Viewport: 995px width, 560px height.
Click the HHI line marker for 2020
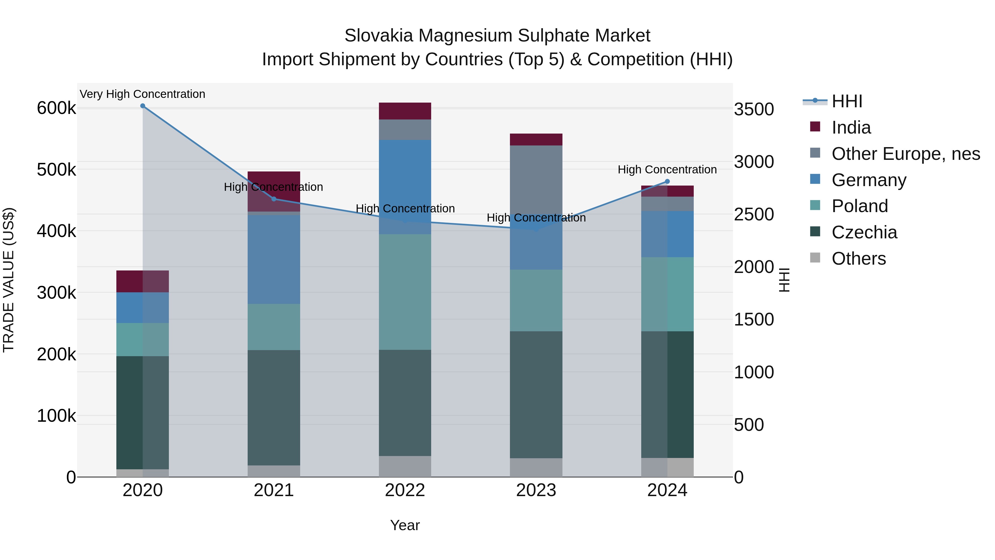click(143, 106)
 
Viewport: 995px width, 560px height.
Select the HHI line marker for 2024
click(667, 182)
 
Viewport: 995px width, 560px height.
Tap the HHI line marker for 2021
click(274, 199)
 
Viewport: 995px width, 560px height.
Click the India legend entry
click(851, 127)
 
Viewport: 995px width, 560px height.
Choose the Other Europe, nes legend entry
click(905, 154)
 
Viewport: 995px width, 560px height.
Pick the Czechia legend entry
click(864, 232)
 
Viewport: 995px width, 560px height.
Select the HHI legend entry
click(847, 101)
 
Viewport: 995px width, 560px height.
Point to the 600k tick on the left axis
click(56, 108)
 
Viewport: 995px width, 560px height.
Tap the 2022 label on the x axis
click(405, 490)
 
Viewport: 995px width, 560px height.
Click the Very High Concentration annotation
click(143, 94)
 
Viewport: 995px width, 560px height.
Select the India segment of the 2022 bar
click(405, 111)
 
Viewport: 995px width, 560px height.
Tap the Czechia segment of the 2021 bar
click(274, 407)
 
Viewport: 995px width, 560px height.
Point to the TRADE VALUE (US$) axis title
click(9, 280)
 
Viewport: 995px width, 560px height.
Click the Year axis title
click(405, 525)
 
